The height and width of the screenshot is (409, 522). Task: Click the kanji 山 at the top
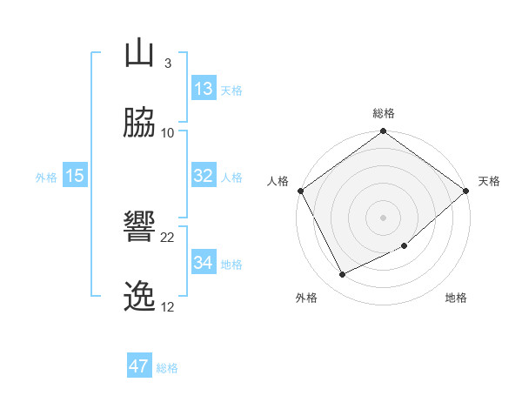click(x=140, y=53)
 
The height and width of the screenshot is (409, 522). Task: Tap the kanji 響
click(x=140, y=228)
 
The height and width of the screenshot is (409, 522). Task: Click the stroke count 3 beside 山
click(x=167, y=64)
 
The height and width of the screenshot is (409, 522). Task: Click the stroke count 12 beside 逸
click(x=168, y=307)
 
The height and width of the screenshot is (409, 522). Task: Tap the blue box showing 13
click(x=204, y=89)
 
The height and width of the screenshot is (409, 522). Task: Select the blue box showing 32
click(x=204, y=176)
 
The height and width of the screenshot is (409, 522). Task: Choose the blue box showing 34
click(x=204, y=263)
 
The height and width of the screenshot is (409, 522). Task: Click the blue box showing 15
click(x=75, y=176)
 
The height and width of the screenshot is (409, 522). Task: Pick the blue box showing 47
click(x=139, y=366)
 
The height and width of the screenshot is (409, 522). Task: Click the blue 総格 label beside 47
click(x=167, y=368)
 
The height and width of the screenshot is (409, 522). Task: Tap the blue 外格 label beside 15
click(x=46, y=177)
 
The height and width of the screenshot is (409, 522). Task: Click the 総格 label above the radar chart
click(x=384, y=113)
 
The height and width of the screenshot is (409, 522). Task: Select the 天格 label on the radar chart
click(x=489, y=181)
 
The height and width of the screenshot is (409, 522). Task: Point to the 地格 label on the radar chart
click(x=456, y=298)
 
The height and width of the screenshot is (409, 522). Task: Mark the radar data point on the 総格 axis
click(x=384, y=132)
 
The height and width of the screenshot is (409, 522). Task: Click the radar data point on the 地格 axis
click(x=405, y=245)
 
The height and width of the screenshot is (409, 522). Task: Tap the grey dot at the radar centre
click(x=384, y=217)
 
